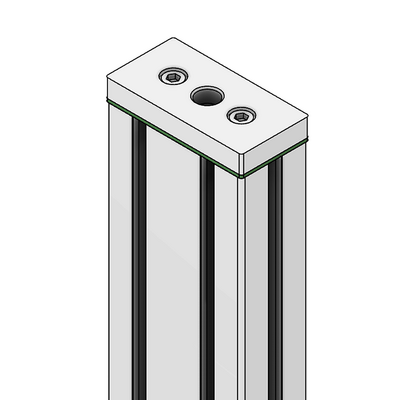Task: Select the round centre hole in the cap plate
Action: click(x=207, y=97)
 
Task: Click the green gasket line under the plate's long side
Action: click(x=170, y=138)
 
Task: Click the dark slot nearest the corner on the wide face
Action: click(x=207, y=290)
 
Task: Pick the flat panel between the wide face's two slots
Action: click(x=173, y=280)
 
